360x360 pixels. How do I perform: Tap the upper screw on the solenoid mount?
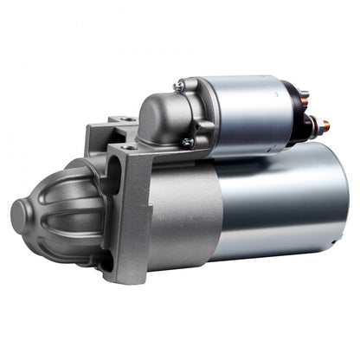click(x=178, y=87)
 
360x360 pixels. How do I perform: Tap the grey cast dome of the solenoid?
click(x=160, y=117)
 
